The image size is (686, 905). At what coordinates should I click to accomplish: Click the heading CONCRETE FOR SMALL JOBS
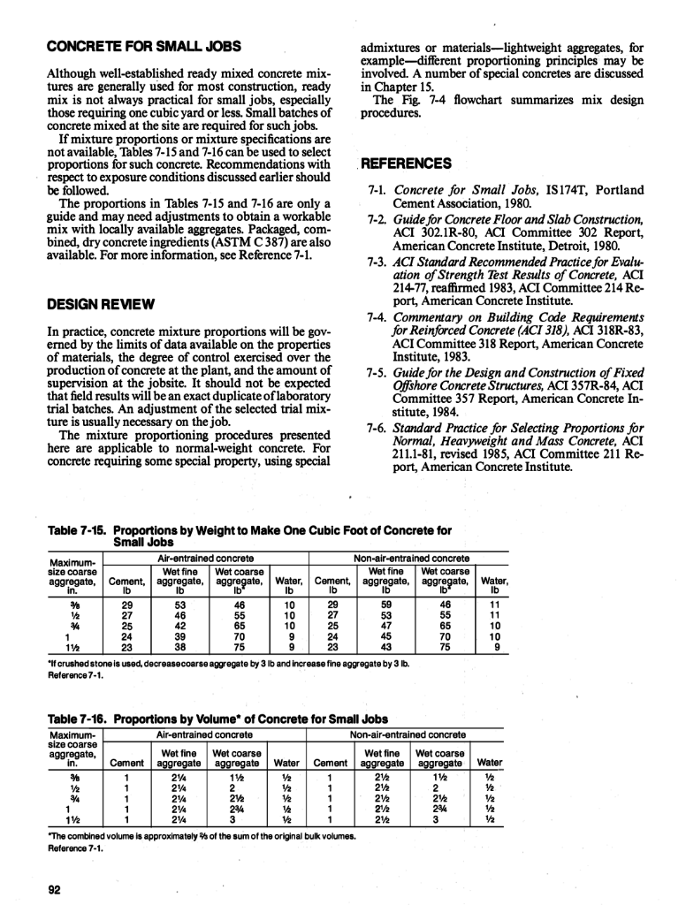[x=144, y=46]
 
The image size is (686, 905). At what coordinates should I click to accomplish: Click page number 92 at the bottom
[x=53, y=890]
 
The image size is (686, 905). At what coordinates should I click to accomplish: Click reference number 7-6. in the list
[x=378, y=428]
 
